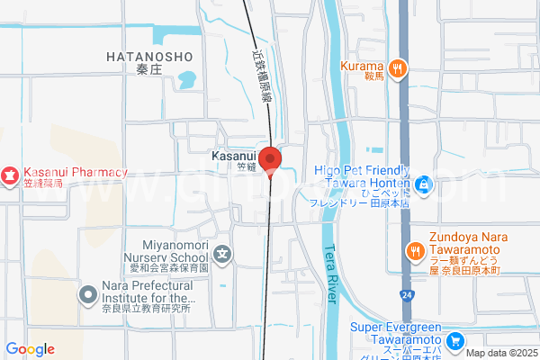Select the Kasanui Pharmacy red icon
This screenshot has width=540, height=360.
tap(9, 172)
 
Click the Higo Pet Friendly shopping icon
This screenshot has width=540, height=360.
tap(425, 186)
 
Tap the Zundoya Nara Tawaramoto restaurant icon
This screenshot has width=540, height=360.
tap(415, 251)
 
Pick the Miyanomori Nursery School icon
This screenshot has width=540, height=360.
tap(222, 256)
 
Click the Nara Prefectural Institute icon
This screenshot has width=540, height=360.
tap(88, 293)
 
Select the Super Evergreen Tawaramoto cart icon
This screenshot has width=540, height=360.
tap(455, 341)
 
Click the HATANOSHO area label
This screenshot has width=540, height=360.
tap(149, 57)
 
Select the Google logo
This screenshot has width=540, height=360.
tap(30, 349)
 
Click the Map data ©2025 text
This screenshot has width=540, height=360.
tap(500, 353)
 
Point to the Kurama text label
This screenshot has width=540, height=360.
tap(363, 66)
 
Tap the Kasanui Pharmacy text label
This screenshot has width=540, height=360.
tap(76, 172)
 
